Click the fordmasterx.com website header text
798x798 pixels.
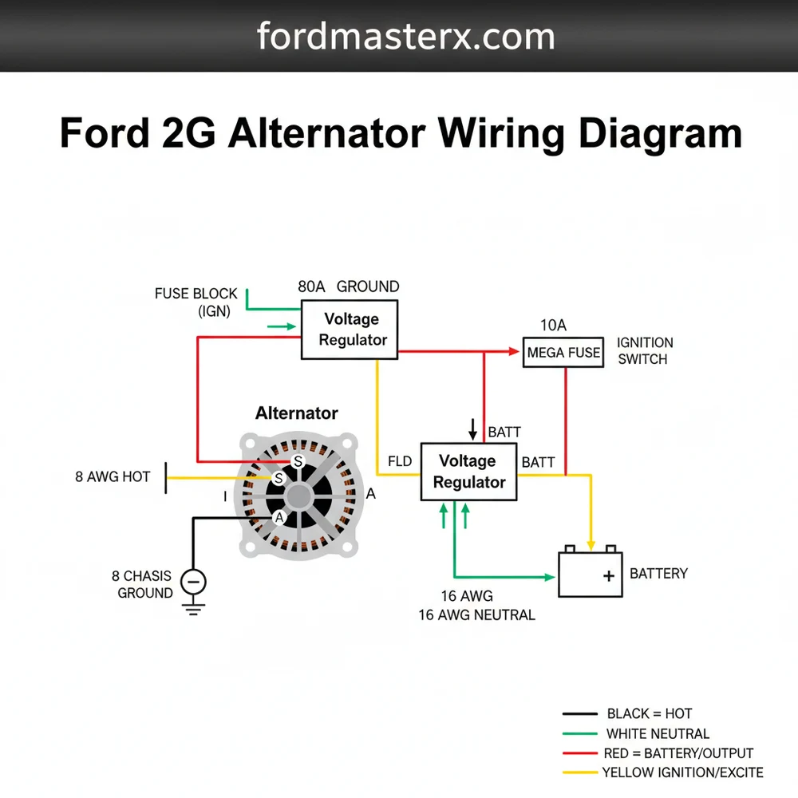click(405, 37)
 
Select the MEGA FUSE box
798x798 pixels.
click(563, 352)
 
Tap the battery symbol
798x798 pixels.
click(591, 573)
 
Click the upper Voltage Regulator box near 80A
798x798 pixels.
click(350, 330)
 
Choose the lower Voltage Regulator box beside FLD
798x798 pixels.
click(468, 472)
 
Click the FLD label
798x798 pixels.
click(399, 462)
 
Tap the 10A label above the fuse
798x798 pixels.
click(553, 326)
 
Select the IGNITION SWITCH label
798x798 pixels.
click(645, 351)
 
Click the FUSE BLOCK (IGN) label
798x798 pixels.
click(196, 303)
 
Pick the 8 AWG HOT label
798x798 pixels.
click(113, 477)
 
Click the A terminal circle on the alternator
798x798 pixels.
click(279, 517)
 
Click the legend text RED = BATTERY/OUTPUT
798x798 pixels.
click(680, 753)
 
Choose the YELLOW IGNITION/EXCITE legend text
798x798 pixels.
click(682, 772)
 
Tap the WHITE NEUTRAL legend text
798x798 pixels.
click(658, 733)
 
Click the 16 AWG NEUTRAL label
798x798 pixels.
click(476, 615)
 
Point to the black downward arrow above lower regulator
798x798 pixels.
click(473, 430)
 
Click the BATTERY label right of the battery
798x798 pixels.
click(658, 573)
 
